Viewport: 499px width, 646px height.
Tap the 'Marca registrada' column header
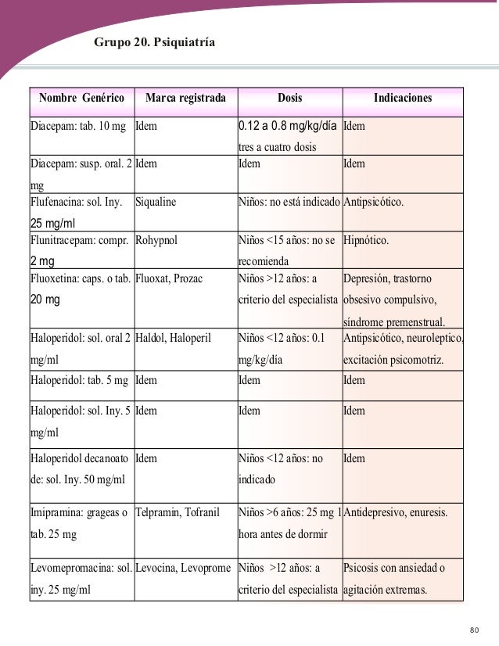pos(185,99)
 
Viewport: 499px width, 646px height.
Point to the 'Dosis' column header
pos(289,99)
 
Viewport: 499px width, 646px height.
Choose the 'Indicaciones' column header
pos(403,99)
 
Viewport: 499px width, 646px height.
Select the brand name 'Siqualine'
pos(156,202)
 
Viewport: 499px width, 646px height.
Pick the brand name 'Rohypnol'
pos(156,240)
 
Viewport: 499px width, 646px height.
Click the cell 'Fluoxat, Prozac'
pos(170,278)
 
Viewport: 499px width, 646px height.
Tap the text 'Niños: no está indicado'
pos(289,202)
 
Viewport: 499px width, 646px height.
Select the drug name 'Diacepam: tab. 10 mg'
pos(78,126)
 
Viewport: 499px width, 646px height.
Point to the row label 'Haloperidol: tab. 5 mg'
pos(80,380)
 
